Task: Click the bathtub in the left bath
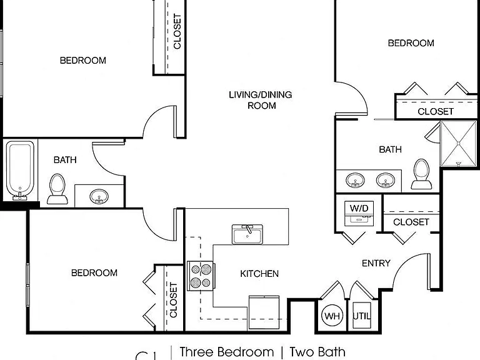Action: point(20,170)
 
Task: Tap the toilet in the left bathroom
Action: point(57,189)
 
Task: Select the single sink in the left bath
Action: point(99,196)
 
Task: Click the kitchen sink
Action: point(247,234)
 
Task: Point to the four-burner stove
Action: point(201,276)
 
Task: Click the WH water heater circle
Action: point(332,316)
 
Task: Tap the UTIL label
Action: point(362,316)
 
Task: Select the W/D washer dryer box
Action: point(359,213)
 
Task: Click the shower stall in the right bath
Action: point(458,144)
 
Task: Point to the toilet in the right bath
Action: point(421,174)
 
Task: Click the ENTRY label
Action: point(376,263)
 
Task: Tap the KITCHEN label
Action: point(259,274)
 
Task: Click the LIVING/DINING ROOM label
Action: point(261,100)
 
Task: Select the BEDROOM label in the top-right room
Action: point(411,43)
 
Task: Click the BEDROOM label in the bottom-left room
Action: point(94,272)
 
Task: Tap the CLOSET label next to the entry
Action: point(411,222)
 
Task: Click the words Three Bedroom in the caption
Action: point(227,352)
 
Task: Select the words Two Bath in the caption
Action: point(317,352)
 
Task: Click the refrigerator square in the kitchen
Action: point(264,312)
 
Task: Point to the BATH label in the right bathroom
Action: point(390,149)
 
